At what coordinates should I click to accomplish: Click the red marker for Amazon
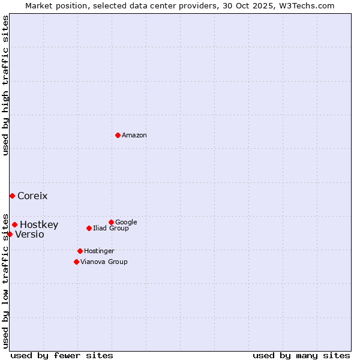pos(118,135)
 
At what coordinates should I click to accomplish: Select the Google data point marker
pos(111,222)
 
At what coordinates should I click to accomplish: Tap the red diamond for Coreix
pos(12,196)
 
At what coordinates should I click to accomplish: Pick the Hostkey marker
pos(14,225)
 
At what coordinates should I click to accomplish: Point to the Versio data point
pos(10,234)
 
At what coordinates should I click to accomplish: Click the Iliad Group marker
pos(89,228)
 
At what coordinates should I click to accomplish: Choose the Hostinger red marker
pos(80,251)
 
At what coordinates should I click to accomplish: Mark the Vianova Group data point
pos(76,262)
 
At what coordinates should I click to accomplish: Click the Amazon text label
pos(134,136)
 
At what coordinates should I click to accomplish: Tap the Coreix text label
pos(32,196)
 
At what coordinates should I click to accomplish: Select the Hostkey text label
pos(39,225)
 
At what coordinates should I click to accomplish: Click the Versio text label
pos(29,235)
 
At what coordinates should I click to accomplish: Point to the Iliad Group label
pos(111,229)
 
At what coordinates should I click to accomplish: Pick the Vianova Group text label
pos(104,262)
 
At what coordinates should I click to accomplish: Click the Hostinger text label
pos(99,251)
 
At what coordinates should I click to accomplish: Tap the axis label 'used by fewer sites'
pos(62,355)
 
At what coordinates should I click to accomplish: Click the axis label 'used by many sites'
pos(301,355)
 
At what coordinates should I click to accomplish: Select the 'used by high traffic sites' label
pos(5,85)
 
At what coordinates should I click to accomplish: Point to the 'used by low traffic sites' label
pos(5,280)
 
